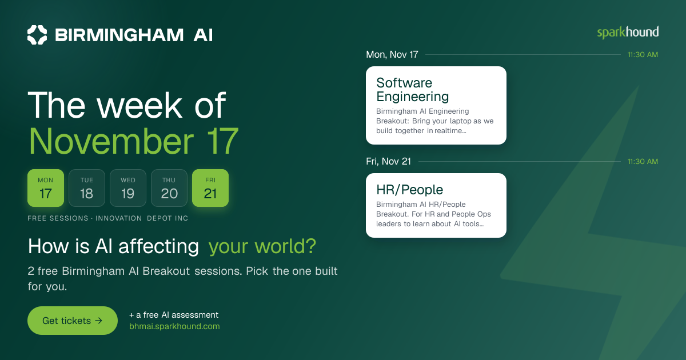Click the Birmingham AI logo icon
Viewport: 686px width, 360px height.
(37, 35)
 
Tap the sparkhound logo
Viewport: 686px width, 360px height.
(628, 33)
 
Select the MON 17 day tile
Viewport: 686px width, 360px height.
(46, 188)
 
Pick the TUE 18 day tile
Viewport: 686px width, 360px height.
(87, 188)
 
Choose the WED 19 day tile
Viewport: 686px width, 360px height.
(128, 188)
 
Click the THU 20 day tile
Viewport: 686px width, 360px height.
(169, 188)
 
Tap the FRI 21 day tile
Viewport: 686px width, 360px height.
(210, 188)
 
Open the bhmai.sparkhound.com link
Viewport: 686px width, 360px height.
(174, 326)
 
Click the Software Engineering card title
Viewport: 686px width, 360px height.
(413, 90)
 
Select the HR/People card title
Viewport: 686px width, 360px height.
(410, 190)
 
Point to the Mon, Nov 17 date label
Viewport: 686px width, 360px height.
(392, 54)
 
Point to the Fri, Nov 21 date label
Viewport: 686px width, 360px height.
(388, 161)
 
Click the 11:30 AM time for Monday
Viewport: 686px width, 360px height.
(643, 55)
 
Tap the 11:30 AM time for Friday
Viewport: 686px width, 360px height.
(643, 162)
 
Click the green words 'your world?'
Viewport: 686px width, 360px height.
(262, 246)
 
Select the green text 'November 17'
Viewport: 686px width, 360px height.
(134, 142)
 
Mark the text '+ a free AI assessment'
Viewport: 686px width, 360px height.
(174, 315)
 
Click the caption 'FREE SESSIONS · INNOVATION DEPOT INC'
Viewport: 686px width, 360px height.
(108, 218)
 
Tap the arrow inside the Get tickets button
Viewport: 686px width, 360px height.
(98, 321)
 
